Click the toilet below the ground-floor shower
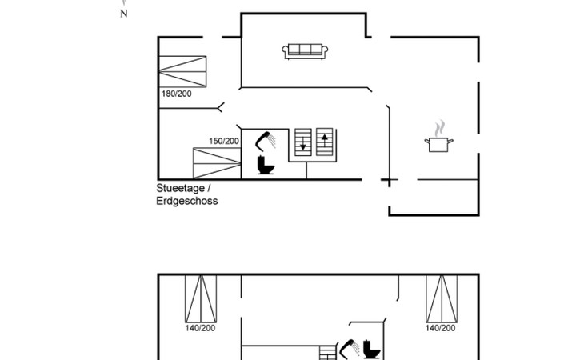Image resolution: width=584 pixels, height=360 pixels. [x=266, y=166]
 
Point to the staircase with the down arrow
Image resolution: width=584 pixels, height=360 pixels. [x=303, y=142]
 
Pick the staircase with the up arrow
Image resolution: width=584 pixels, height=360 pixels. [x=324, y=142]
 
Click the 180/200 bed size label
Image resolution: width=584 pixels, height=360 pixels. [x=176, y=94]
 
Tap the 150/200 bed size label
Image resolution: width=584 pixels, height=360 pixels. [x=224, y=141]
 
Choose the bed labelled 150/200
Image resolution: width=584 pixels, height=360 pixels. [x=216, y=163]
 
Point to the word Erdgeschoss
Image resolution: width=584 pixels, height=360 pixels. [x=186, y=202]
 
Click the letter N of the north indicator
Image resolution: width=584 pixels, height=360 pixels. [x=124, y=14]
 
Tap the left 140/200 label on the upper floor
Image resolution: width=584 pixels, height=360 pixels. [x=200, y=327]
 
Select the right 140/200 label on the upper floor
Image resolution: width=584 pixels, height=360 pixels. [x=441, y=327]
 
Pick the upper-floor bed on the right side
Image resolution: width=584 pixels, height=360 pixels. [x=441, y=298]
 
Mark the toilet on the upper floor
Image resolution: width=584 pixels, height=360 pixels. [x=371, y=350]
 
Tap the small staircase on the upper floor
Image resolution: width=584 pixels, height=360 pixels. [x=328, y=352]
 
